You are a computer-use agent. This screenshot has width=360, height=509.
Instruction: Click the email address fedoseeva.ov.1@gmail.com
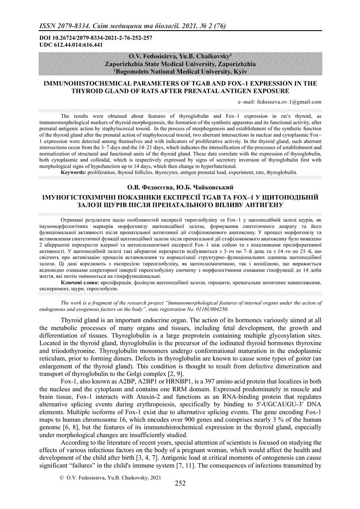click(x=280, y=102)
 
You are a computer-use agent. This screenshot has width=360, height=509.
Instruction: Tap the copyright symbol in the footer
click(x=62, y=476)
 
